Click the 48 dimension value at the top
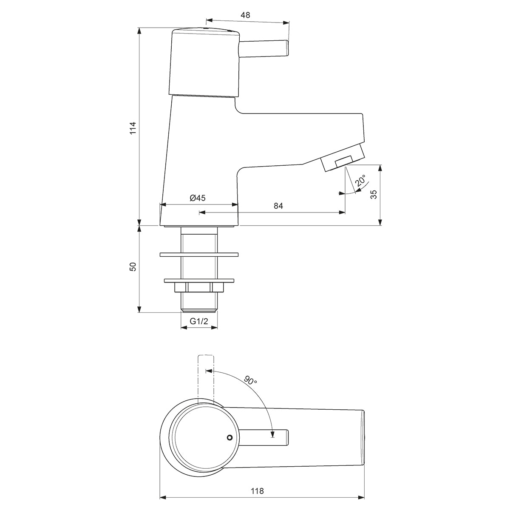(x=245, y=15)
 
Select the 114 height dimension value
(x=133, y=127)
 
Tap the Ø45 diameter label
(x=198, y=198)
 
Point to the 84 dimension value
(x=278, y=206)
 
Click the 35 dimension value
(x=374, y=195)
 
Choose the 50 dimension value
(x=133, y=266)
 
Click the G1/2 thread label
(x=199, y=321)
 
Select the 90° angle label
(x=250, y=380)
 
